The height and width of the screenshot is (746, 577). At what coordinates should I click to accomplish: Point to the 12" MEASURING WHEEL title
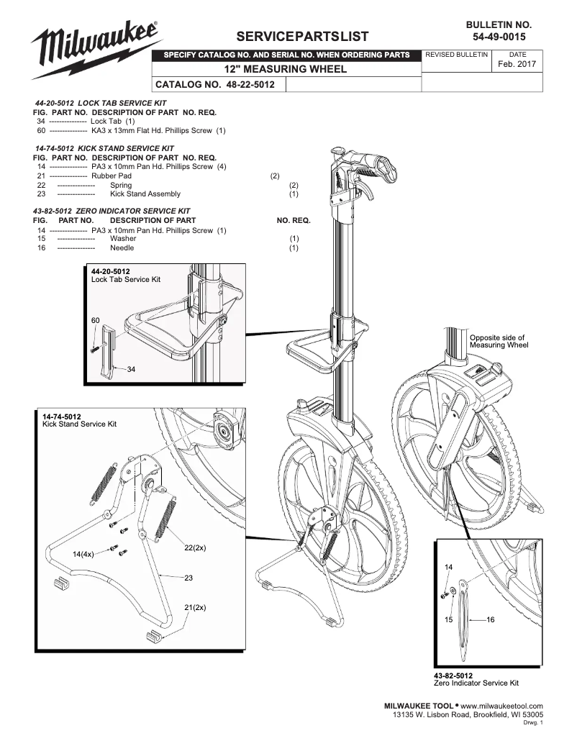coord(286,69)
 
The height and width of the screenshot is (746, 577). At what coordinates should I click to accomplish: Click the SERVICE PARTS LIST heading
coord(307,37)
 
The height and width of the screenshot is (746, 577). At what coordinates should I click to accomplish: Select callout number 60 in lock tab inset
coord(96,319)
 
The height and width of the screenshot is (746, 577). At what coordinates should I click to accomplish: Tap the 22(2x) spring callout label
coord(194,548)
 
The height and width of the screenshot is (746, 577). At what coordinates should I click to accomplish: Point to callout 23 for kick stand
coord(189,578)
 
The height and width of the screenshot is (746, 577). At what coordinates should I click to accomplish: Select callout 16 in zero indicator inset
coord(491,619)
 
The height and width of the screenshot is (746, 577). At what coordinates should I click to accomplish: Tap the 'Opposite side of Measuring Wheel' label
coord(498,341)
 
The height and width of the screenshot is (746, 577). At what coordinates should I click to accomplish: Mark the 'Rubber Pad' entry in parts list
coord(112,176)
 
